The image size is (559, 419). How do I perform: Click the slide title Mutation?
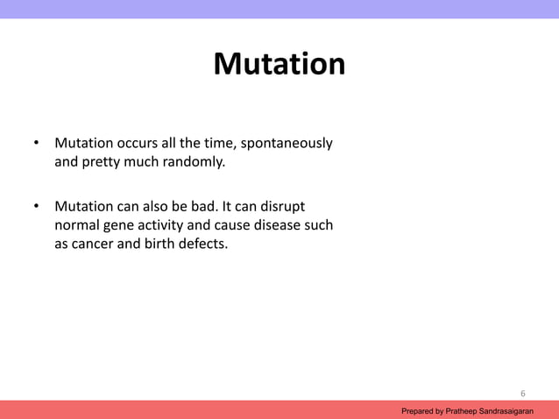(x=279, y=65)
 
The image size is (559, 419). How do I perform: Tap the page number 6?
(x=523, y=393)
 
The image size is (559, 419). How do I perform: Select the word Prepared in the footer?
(x=417, y=410)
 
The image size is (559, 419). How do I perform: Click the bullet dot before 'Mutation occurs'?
(x=37, y=144)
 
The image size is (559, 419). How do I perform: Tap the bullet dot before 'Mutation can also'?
(x=37, y=208)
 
